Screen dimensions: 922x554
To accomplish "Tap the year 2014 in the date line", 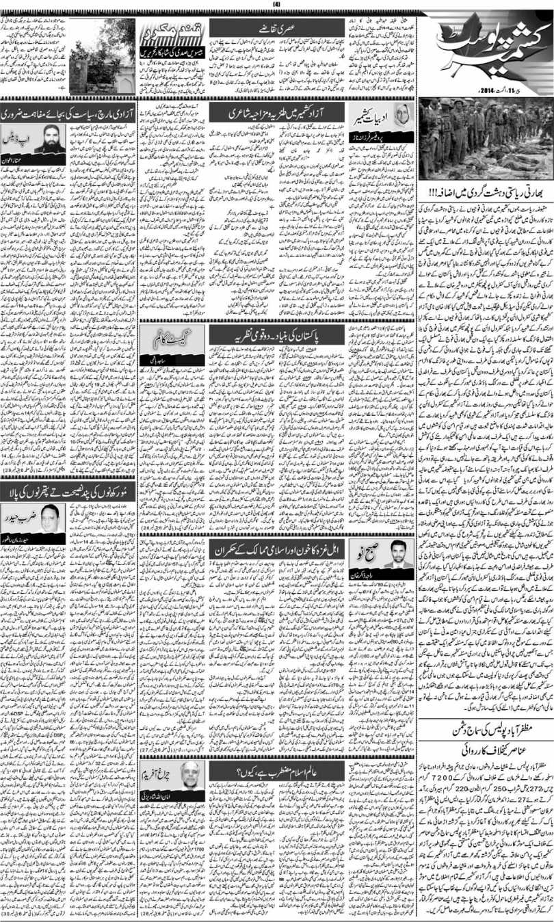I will point(463,90).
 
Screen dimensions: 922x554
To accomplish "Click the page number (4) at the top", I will point(276,5).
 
